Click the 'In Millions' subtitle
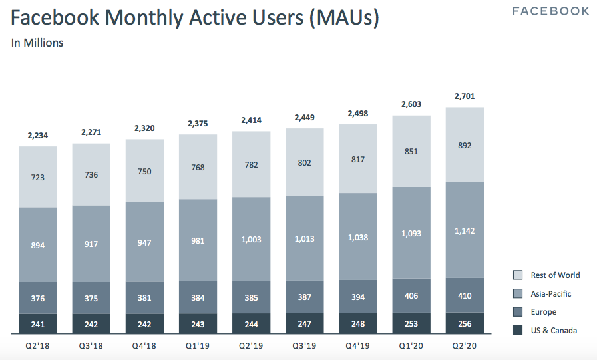click(37, 43)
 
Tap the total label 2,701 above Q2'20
click(465, 96)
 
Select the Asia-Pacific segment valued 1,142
click(465, 230)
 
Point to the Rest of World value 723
click(38, 177)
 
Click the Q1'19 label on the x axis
click(198, 345)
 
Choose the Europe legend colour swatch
click(518, 312)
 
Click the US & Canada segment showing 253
click(411, 324)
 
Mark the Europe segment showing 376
click(38, 298)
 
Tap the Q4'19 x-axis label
click(358, 345)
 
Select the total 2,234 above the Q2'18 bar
click(38, 136)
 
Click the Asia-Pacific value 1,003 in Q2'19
click(251, 240)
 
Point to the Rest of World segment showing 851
click(411, 152)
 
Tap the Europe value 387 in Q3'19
click(305, 297)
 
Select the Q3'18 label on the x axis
click(91, 345)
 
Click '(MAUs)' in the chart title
click(343, 18)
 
